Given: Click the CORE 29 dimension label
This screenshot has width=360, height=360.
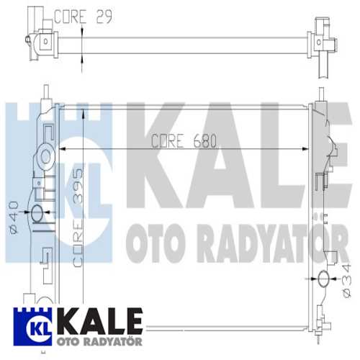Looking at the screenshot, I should click(85, 15).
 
